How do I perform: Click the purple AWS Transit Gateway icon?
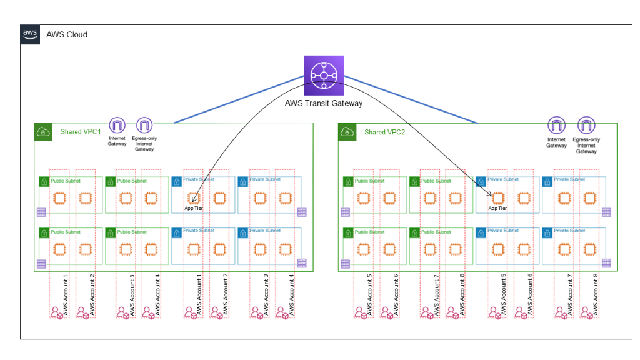point(324,76)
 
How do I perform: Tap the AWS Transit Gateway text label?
point(323,103)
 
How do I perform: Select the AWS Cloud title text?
point(67,34)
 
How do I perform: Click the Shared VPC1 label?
point(79,132)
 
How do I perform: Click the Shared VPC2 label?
point(384,132)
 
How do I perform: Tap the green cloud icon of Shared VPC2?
point(347,131)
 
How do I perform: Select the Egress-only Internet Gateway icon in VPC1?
point(144,124)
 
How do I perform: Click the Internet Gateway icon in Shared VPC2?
point(556,124)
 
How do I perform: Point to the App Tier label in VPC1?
point(194,208)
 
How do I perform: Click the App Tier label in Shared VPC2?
point(497,208)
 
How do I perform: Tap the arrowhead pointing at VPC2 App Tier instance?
point(489,196)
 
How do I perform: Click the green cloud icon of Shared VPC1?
point(42,131)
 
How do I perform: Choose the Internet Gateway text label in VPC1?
point(117,142)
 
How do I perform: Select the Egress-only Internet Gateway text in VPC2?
point(586,145)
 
